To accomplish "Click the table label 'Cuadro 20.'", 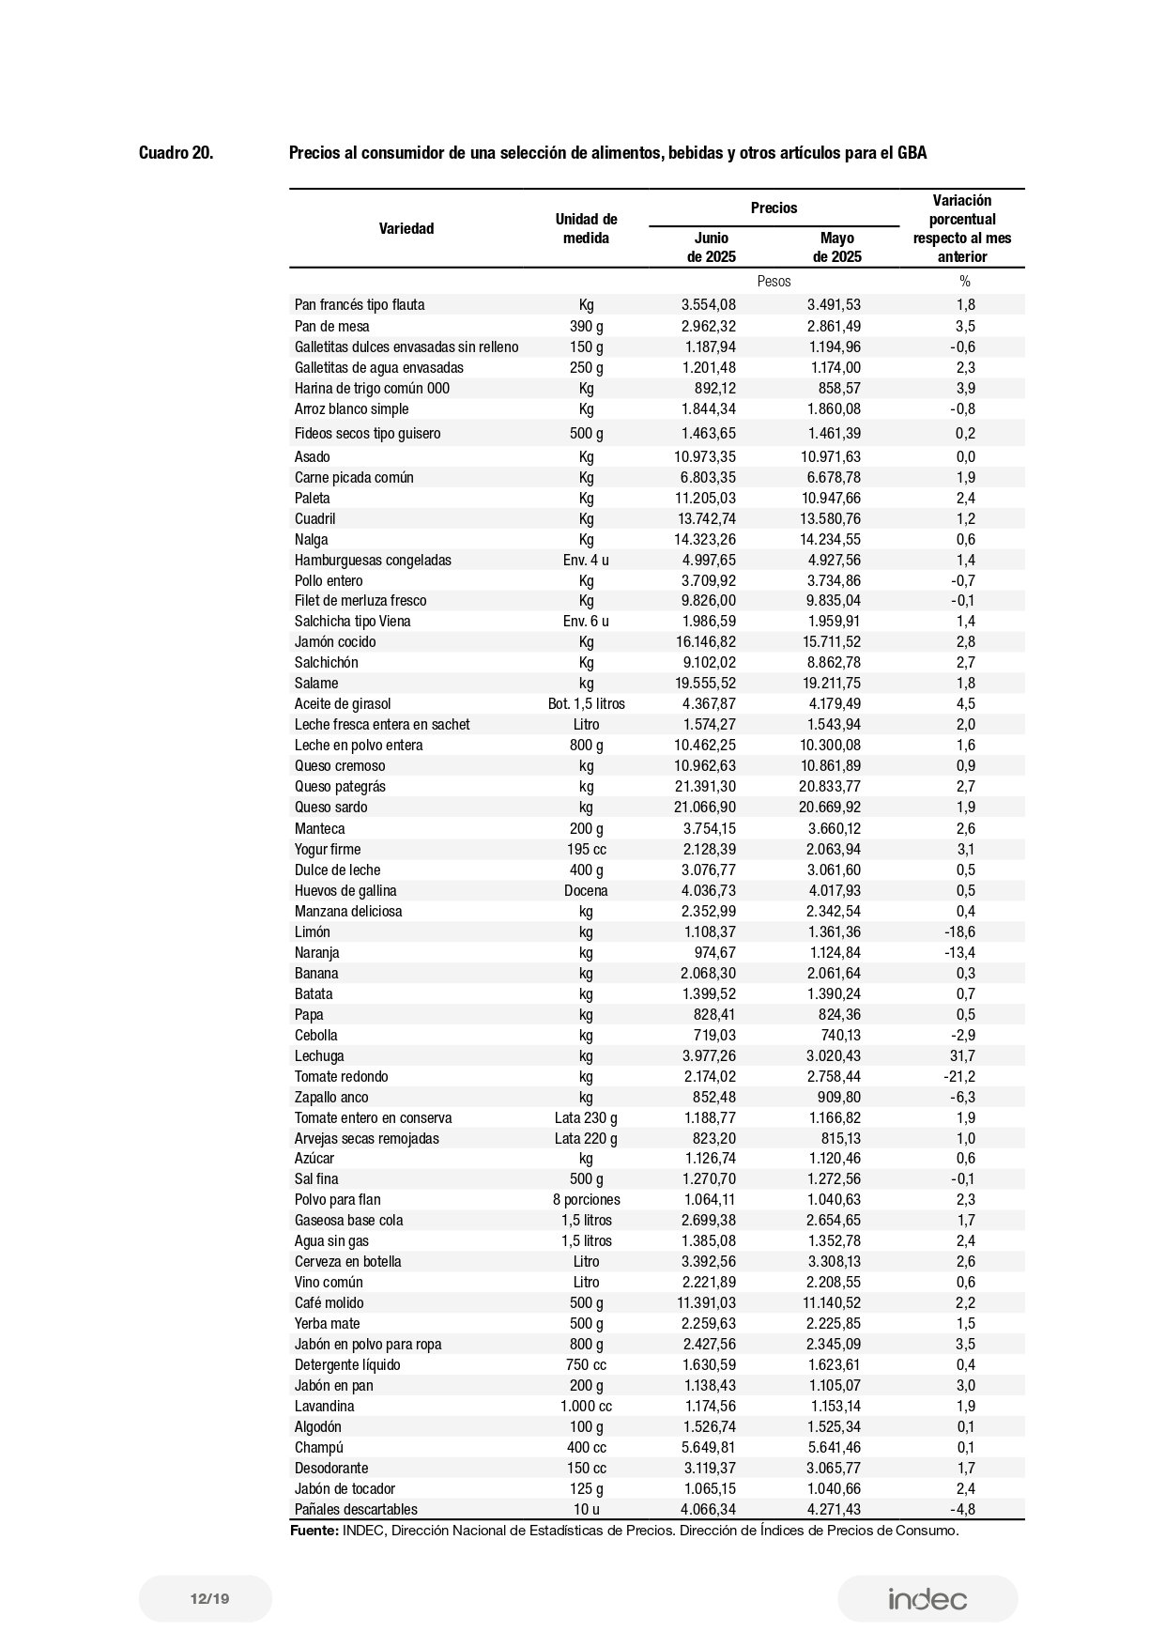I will tap(176, 153).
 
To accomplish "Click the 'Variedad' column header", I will tap(406, 228).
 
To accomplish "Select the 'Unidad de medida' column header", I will tap(586, 228).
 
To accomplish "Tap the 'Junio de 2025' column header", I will tap(711, 247).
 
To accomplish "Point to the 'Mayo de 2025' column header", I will tap(836, 247).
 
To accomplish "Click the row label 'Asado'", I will tap(313, 456).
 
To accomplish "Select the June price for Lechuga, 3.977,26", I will tap(710, 1055).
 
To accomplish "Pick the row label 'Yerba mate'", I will tap(327, 1323).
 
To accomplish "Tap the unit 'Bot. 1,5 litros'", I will tap(586, 703).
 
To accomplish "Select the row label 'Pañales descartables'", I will tap(356, 1509).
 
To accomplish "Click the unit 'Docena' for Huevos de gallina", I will tap(586, 890).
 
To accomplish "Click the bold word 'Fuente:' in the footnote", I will tap(314, 1531).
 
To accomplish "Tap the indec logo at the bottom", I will tap(927, 1599).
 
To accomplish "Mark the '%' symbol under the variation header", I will tap(964, 281).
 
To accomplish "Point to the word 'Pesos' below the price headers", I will tap(774, 281).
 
